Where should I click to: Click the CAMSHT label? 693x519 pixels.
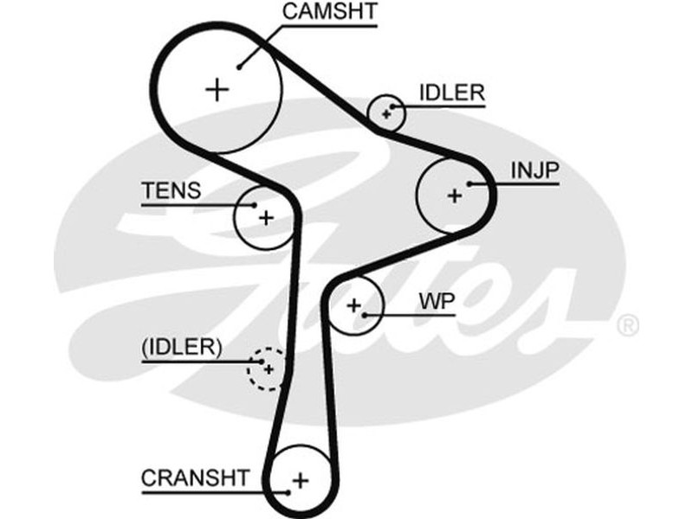coord(330,12)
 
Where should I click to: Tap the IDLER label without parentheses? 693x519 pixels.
coord(451,93)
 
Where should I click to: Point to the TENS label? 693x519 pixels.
coord(171,190)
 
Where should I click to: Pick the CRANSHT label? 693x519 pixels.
coord(195,477)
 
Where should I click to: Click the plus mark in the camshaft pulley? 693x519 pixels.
coord(217,89)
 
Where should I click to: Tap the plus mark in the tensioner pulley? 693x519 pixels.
coord(266,217)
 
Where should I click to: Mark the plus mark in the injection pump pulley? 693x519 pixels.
coord(454,196)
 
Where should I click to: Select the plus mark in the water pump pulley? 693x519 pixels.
coord(353,304)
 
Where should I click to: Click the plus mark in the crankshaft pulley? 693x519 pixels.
coord(300,479)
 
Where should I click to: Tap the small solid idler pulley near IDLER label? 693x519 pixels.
coord(385,112)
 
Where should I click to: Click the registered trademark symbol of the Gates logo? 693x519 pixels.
coord(628,326)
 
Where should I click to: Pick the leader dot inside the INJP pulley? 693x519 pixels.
coord(469,183)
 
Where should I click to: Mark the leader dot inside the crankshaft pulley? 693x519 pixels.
coord(288,491)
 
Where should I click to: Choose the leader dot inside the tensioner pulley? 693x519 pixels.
coord(254,205)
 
